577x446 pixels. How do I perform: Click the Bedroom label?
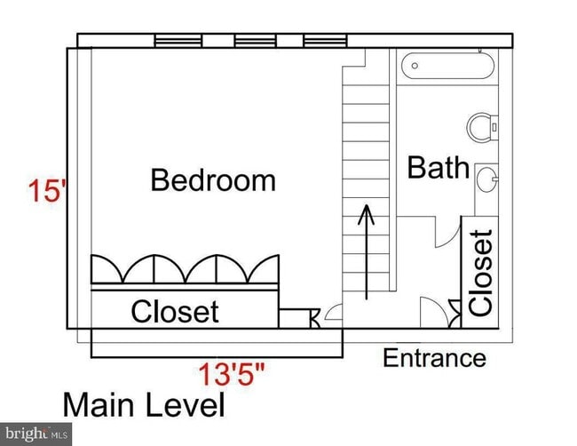pyautogui.click(x=213, y=180)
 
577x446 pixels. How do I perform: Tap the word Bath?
pyautogui.click(x=438, y=167)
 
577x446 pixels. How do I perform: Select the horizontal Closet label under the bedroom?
pyautogui.click(x=174, y=312)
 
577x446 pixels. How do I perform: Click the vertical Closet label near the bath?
pyautogui.click(x=481, y=273)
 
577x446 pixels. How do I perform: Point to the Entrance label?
pyautogui.click(x=434, y=358)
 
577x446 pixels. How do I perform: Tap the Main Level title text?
pyautogui.click(x=143, y=406)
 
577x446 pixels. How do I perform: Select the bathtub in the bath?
pyautogui.click(x=447, y=67)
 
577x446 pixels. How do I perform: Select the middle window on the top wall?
pyautogui.click(x=253, y=41)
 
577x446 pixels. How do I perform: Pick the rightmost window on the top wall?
pyautogui.click(x=325, y=41)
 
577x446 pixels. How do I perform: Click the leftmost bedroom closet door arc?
pyautogui.click(x=114, y=269)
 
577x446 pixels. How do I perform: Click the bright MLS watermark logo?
pyautogui.click(x=36, y=434)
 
